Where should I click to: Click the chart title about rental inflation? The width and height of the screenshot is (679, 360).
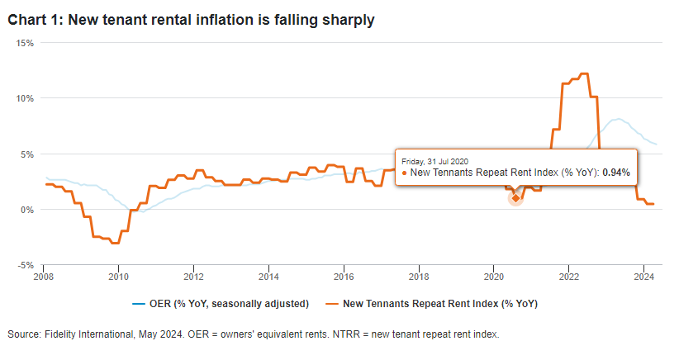coord(192,20)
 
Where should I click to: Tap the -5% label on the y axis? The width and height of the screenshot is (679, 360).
coord(25,265)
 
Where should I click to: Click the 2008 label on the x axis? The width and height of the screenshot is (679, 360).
coord(45,277)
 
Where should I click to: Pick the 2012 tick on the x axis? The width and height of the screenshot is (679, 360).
coord(193,277)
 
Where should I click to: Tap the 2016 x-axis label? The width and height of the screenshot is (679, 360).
coord(344,277)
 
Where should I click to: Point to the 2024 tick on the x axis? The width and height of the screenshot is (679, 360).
coord(644,277)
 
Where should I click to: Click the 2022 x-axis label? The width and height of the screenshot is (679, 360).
coord(569,277)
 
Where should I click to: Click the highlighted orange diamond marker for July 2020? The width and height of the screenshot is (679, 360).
coord(515,198)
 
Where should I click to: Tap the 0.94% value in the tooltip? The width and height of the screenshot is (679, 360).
coord(615,173)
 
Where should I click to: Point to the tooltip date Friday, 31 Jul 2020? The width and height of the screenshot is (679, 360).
coord(435,159)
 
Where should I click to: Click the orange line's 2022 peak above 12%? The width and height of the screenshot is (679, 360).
coord(584,74)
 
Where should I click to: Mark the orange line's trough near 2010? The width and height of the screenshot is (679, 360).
coord(115,243)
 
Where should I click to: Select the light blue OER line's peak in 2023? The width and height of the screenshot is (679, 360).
coord(618,119)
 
